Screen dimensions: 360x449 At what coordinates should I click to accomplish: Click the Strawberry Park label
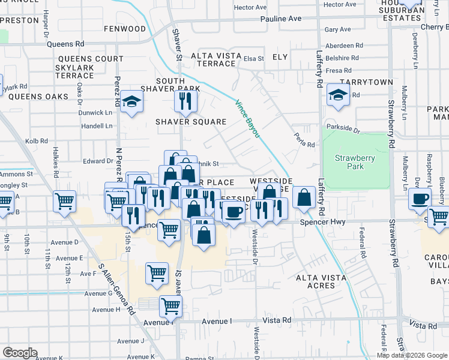pos(355,162)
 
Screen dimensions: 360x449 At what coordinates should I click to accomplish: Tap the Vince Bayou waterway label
pos(247,118)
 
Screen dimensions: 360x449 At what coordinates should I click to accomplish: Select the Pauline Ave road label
pos(281,19)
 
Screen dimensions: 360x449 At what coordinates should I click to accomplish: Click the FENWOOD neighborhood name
pos(124,28)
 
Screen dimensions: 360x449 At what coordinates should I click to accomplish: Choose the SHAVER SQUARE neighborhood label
pos(191,122)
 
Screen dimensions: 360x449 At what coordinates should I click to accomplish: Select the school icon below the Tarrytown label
pos(338,95)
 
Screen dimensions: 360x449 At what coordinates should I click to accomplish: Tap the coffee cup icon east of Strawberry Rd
pos(420,198)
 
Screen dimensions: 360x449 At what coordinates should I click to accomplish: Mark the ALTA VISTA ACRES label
pos(321,281)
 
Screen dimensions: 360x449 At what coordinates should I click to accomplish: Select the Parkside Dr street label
pos(343,128)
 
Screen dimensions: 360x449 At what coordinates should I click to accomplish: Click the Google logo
pos(20,352)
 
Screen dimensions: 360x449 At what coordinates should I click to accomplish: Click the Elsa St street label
pos(253,59)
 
